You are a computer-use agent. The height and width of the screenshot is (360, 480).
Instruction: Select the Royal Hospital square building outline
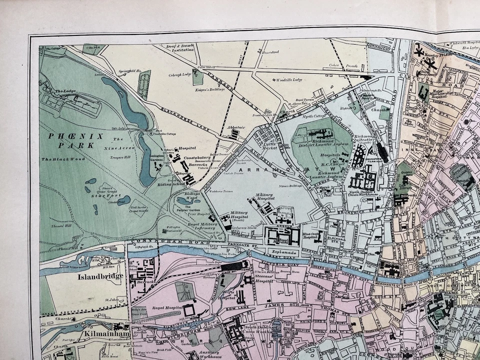(189, 310)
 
